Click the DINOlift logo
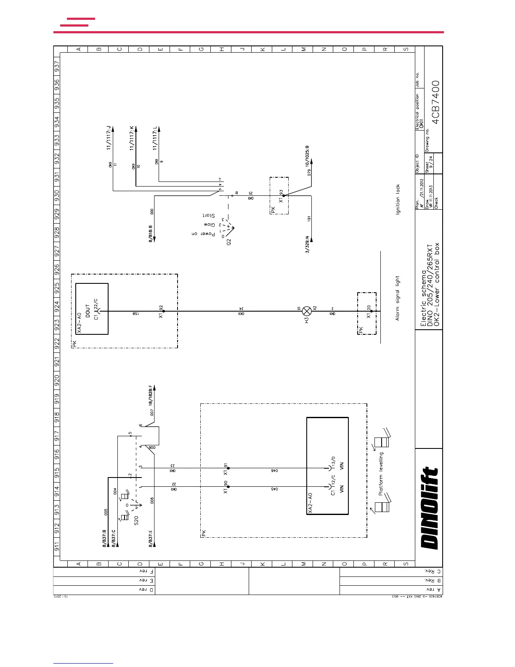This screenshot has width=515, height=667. click(430, 508)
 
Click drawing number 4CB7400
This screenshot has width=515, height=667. click(436, 102)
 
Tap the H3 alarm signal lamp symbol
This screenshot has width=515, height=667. click(307, 311)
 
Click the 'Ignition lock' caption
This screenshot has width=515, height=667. click(398, 199)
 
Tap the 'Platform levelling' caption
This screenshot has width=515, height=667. click(381, 474)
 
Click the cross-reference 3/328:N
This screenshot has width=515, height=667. click(307, 244)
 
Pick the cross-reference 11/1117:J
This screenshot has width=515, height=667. click(109, 137)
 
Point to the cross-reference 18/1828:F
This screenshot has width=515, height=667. click(151, 395)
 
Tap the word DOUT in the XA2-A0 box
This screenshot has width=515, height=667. click(88, 311)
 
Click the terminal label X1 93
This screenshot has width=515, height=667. click(281, 195)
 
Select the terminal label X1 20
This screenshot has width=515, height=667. click(369, 312)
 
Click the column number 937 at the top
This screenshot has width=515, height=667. click(57, 67)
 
